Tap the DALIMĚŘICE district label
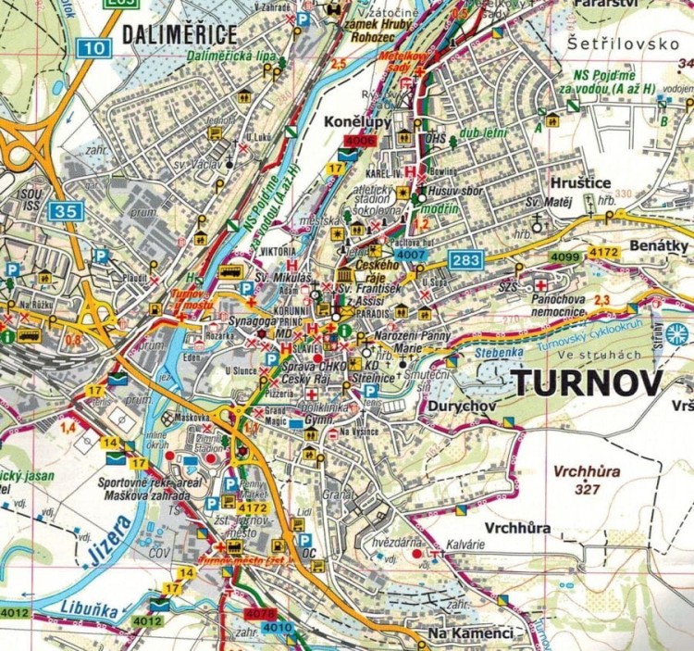click(180, 35)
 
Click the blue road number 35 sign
click(66, 210)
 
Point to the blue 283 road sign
click(465, 260)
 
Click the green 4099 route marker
click(564, 257)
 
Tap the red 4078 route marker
click(259, 614)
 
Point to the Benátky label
click(658, 246)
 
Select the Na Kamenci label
click(470, 633)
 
